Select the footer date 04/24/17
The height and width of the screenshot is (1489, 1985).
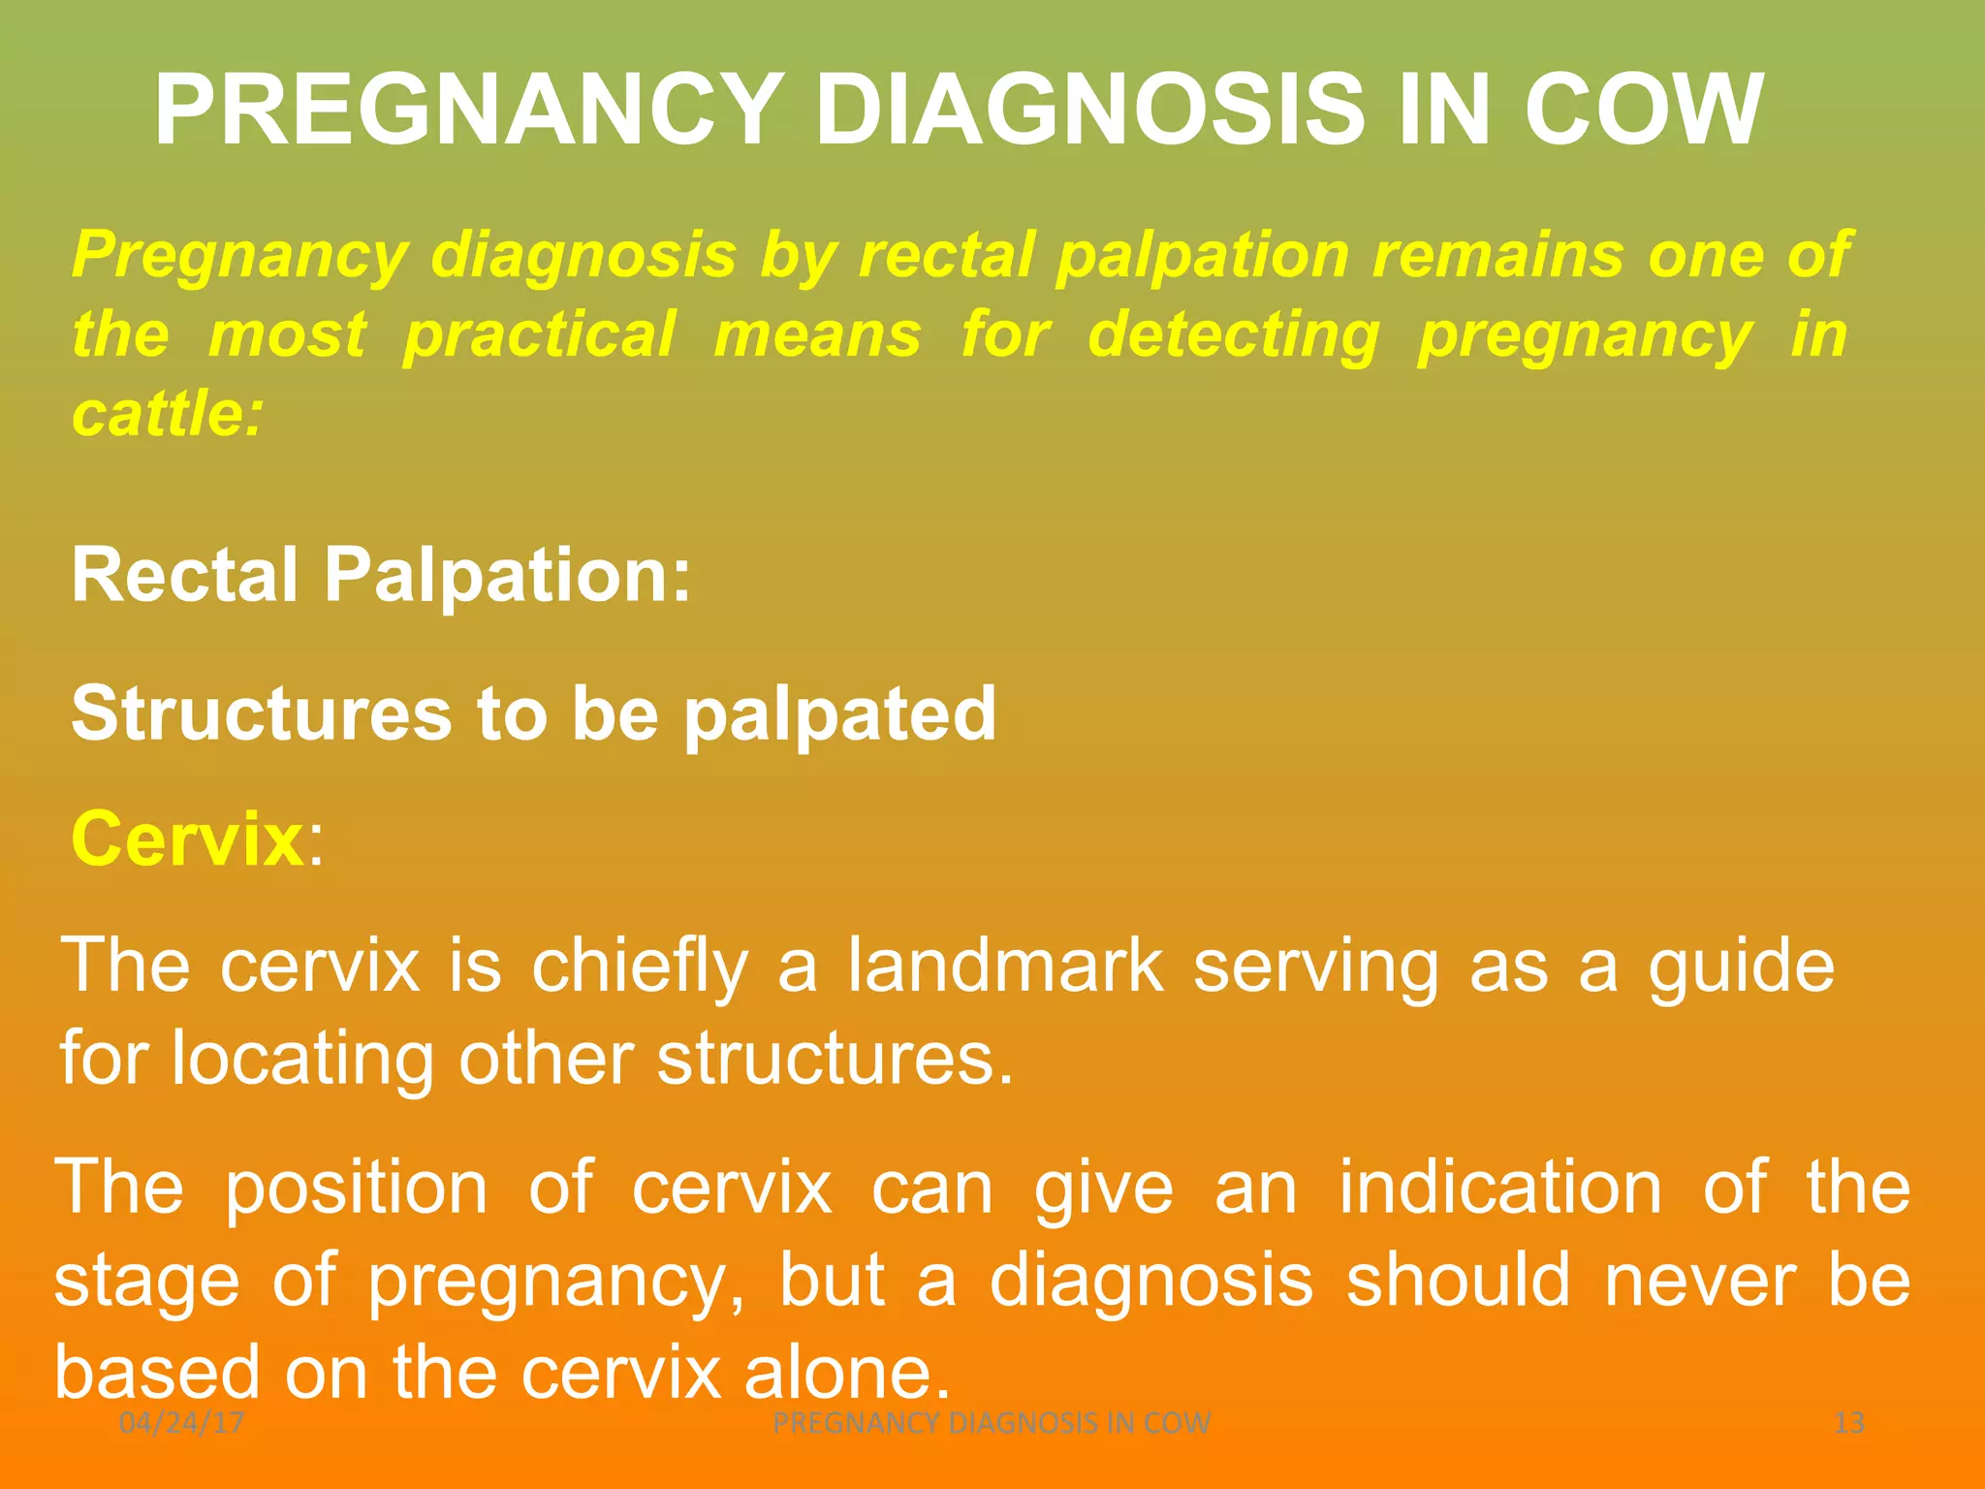pos(181,1423)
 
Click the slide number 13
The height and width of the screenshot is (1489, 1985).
pos(1849,1423)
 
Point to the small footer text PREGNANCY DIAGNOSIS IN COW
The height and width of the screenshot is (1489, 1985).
pos(992,1423)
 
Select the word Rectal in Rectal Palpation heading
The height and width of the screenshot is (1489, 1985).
pos(184,575)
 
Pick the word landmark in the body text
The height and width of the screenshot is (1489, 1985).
pos(1005,966)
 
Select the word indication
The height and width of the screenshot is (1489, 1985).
pos(1500,1188)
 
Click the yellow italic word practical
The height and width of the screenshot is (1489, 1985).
pos(539,335)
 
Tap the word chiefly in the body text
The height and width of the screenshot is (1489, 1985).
pos(640,966)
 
